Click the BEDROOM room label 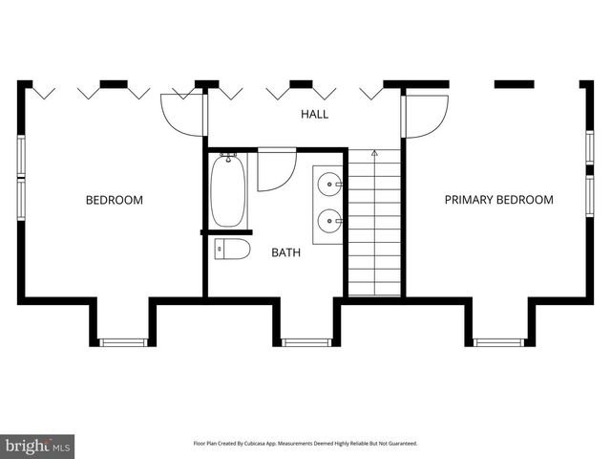point(115,200)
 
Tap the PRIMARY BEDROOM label point(498,200)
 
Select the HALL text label point(315,114)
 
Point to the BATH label point(285,253)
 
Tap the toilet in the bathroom point(232,250)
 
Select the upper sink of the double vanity point(329,181)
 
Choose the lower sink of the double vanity point(329,221)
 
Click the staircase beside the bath point(374,225)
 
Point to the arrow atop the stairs point(374,152)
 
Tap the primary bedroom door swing point(427,115)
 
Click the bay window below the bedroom point(124,341)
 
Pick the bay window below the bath point(307,341)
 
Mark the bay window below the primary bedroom point(499,341)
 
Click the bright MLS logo point(38,446)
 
